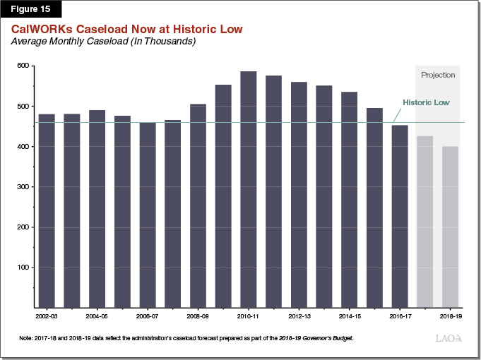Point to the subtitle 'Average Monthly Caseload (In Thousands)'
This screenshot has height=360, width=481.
pos(103,42)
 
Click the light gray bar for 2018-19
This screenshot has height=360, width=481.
pos(450,227)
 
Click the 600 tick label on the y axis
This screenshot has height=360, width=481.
pos(23,66)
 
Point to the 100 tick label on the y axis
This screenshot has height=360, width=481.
pos(23,268)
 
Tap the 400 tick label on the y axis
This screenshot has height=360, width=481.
pos(23,146)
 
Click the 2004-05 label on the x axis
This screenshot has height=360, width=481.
pos(97,318)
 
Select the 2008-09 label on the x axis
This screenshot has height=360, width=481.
pos(198,318)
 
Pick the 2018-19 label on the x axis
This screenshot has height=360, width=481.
pos(450,318)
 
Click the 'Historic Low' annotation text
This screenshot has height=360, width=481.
pos(426,102)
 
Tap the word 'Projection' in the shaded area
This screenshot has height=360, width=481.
pos(438,75)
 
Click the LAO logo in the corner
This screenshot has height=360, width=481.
pos(449,339)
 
